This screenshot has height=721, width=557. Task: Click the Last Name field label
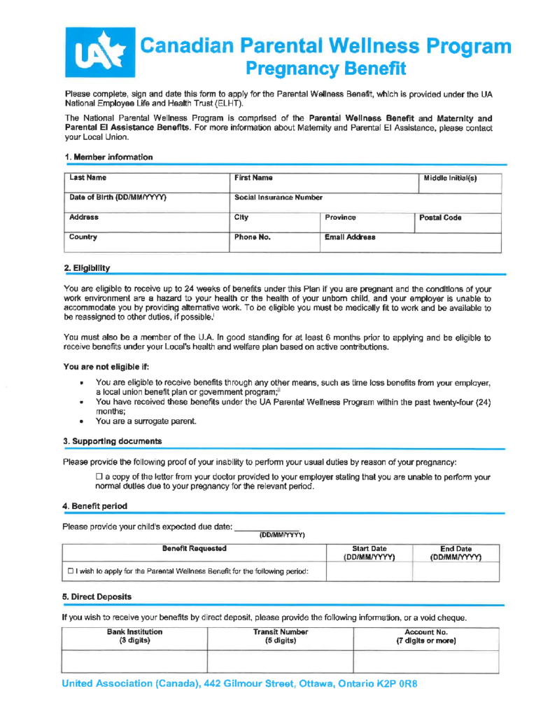87,179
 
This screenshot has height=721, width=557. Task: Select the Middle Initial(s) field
459,184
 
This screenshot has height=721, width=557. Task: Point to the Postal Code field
459,223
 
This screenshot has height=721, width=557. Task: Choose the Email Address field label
351,237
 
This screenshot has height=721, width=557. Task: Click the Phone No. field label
253,237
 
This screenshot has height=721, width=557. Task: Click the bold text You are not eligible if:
106,365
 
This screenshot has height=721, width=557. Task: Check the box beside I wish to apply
72,572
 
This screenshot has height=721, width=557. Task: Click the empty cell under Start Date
369,573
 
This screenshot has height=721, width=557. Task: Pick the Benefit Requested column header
194,549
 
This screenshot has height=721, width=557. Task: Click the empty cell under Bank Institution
135,661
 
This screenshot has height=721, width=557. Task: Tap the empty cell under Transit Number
280,661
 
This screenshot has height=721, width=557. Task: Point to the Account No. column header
425,636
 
